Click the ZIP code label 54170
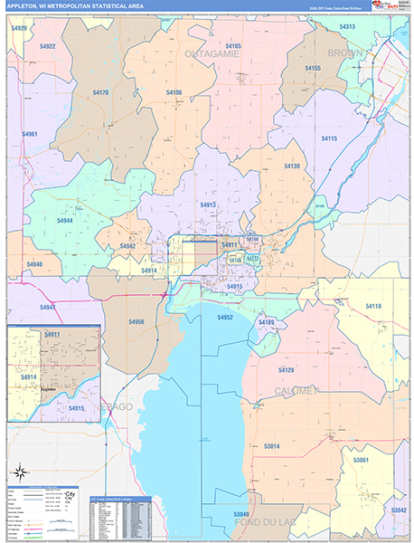100,92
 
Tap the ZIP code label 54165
233,45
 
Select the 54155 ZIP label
313,68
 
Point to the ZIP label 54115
329,138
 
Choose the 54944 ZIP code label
65,221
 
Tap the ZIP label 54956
136,322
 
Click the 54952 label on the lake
225,318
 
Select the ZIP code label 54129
287,371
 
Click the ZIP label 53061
361,461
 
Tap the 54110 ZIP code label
372,307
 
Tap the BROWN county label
345,54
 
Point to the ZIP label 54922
47,46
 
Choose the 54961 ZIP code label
30,134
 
